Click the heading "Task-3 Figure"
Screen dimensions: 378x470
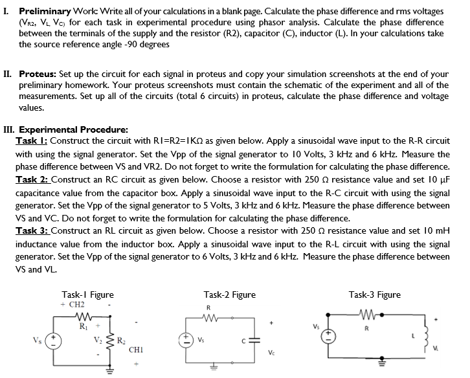(x=374, y=295)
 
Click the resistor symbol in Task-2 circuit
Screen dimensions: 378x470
(x=208, y=318)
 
